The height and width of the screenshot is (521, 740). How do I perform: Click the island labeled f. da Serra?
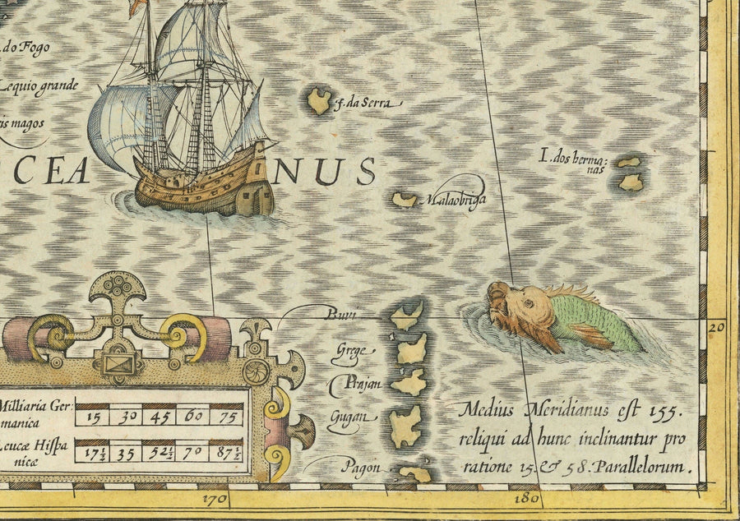319,101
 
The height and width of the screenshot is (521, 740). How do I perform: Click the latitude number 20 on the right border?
716,326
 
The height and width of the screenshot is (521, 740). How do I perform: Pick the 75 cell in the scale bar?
227,416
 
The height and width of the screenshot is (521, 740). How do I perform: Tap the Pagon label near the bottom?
362,466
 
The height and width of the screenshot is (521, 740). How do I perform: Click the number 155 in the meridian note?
665,408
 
